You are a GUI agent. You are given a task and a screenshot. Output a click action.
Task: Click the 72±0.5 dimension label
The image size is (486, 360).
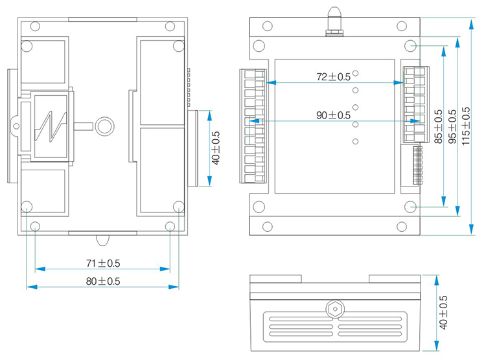tap(333, 76)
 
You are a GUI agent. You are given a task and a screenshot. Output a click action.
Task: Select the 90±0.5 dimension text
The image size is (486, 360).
tap(333, 115)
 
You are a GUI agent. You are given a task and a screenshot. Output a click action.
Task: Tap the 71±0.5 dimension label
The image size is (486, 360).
tap(103, 263)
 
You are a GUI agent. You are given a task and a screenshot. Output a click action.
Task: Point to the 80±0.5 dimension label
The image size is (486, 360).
tap(103, 281)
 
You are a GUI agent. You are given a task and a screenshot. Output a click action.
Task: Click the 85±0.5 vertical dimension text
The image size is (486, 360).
tap(438, 126)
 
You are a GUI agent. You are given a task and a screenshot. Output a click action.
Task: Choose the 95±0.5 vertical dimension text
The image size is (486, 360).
tap(452, 126)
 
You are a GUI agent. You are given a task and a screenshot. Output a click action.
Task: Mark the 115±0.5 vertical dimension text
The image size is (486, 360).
tap(466, 126)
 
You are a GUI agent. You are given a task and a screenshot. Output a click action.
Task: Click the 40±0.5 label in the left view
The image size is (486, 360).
tap(216, 148)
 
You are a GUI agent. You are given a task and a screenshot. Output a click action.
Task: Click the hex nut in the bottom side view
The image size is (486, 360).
tap(334, 309)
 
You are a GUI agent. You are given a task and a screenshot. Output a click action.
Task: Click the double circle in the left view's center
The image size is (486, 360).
tap(104, 126)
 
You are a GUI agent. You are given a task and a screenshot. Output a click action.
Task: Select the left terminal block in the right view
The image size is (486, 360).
tap(255, 125)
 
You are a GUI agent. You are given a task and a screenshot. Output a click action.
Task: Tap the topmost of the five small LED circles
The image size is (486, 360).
tap(356, 74)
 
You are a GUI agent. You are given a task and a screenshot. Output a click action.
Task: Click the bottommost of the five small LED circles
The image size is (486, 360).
tap(356, 141)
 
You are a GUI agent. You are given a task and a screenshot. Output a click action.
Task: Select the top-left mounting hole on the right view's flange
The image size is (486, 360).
tap(267, 27)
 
